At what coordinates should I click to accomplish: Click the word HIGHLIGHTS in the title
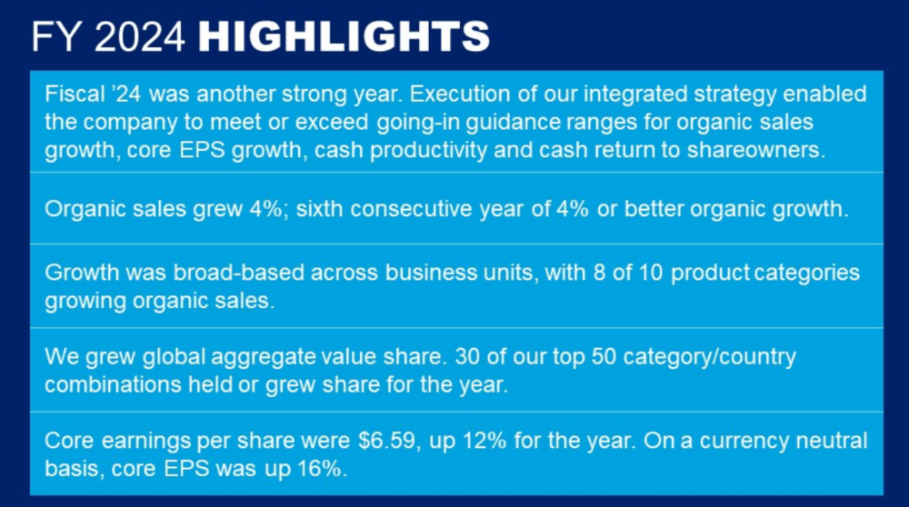pyautogui.click(x=344, y=36)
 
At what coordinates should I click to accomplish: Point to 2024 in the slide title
pyautogui.click(x=140, y=36)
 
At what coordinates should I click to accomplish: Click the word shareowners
pyautogui.click(x=756, y=150)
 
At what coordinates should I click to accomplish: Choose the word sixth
pyautogui.click(x=319, y=209)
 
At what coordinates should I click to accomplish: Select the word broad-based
pyautogui.click(x=238, y=273)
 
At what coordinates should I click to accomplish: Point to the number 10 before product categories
pyautogui.click(x=651, y=273)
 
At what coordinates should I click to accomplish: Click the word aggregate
pyautogui.click(x=263, y=356)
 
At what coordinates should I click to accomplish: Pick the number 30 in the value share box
pyautogui.click(x=467, y=356)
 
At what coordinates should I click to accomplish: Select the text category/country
pyautogui.click(x=710, y=356)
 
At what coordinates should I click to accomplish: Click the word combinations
pyautogui.click(x=113, y=384)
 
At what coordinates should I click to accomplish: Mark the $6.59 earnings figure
pyautogui.click(x=387, y=441)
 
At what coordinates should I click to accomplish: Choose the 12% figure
pyautogui.click(x=484, y=441)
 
